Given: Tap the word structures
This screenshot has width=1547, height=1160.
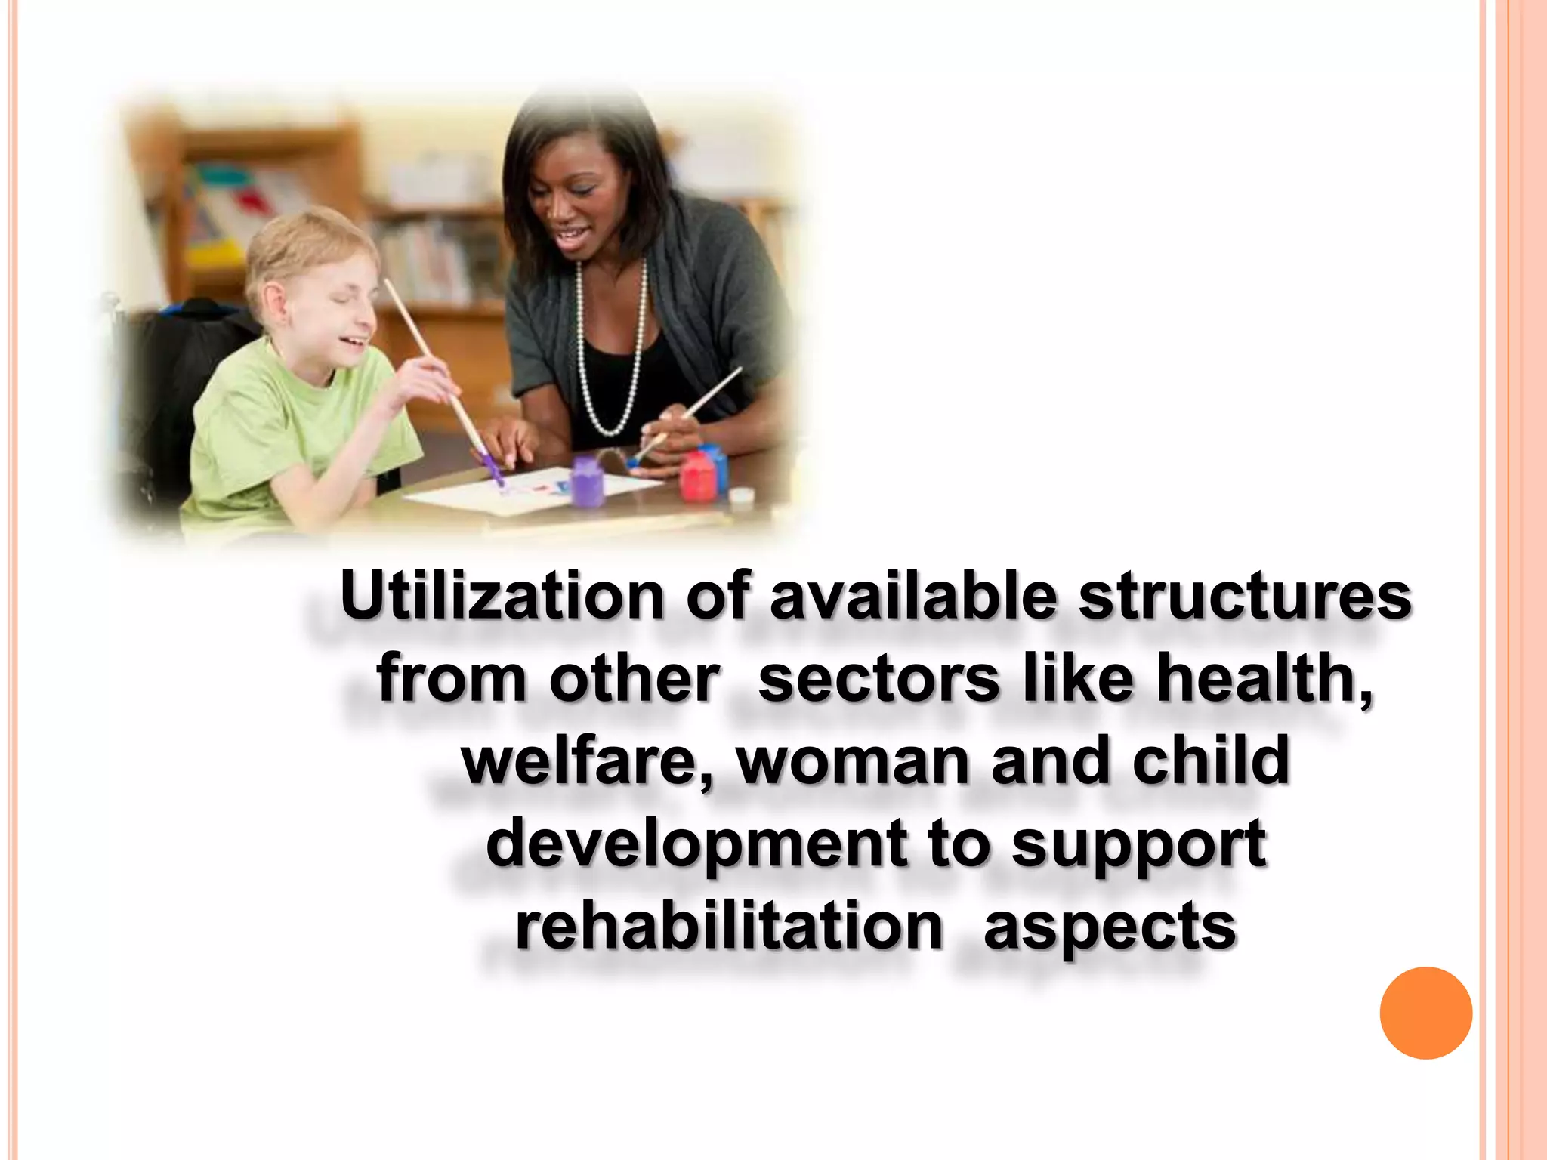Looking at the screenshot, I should tap(1245, 597).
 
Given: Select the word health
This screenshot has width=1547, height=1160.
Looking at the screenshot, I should tap(1263, 678).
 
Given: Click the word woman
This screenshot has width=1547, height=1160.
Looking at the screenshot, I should tap(852, 761).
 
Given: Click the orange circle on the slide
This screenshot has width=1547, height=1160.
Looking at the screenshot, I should tap(1425, 1013).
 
